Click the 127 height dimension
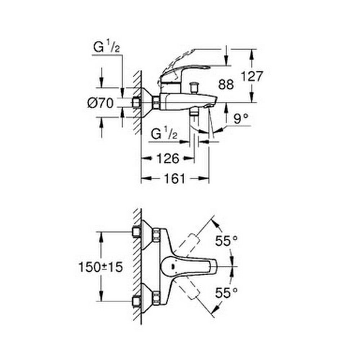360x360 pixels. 252,76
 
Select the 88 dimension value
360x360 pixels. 226,85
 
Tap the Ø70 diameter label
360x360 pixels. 100,103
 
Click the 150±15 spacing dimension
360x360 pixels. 101,267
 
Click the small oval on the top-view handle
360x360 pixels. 173,266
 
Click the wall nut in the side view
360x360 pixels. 136,103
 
